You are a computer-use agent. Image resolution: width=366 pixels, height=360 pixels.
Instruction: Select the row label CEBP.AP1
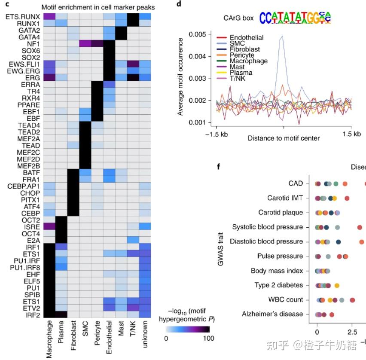point(24,186)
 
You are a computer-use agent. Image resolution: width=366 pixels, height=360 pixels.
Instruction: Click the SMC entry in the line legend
point(237,43)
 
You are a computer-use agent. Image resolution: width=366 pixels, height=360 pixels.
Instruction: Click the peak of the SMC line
point(282,37)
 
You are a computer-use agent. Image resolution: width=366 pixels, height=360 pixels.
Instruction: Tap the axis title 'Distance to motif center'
point(283,138)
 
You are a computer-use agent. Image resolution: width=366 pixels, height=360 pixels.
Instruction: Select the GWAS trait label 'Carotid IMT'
point(285,198)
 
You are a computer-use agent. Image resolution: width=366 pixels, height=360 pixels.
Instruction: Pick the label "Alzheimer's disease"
point(273,314)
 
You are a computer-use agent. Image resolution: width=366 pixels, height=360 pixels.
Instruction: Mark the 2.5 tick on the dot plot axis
point(352,332)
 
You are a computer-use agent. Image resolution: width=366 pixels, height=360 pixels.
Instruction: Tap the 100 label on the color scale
point(208,339)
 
